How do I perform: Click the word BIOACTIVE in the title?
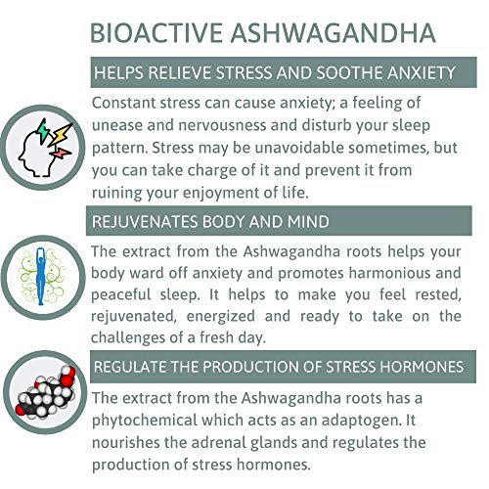(156, 33)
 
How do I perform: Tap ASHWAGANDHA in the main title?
(333, 33)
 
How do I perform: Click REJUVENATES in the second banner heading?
(145, 222)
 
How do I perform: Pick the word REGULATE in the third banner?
(130, 367)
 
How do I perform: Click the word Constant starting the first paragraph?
(123, 103)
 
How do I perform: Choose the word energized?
(221, 317)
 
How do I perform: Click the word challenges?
(128, 337)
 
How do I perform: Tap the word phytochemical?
(145, 421)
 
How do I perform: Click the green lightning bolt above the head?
(43, 131)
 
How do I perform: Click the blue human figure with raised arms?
(40, 277)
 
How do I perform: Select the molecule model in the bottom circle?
(45, 392)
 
